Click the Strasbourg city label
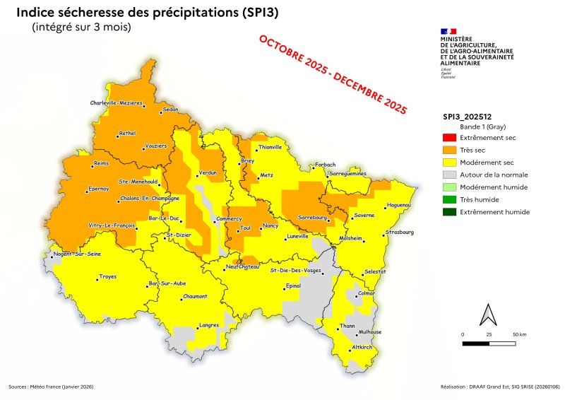pos(400,232)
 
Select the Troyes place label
pos(107,276)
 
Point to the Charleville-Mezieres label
pos(117,103)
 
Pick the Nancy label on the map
pos(270,225)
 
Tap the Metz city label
pos(266,174)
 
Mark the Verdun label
pos(208,172)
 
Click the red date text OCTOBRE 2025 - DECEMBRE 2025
pos(332,74)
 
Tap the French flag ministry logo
pos(448,32)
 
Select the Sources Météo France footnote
pos(51,387)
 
